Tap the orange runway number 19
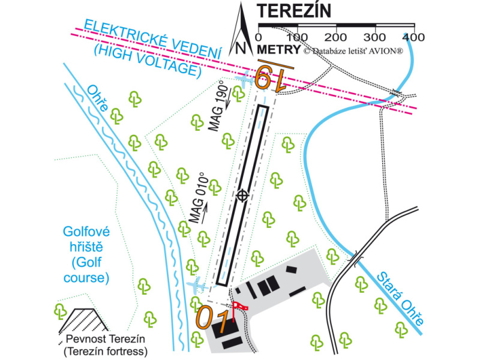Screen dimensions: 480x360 point(272,76)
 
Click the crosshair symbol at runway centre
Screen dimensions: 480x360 point(242,195)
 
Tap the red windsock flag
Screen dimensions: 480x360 point(240,307)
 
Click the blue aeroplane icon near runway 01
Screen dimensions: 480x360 point(196,284)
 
